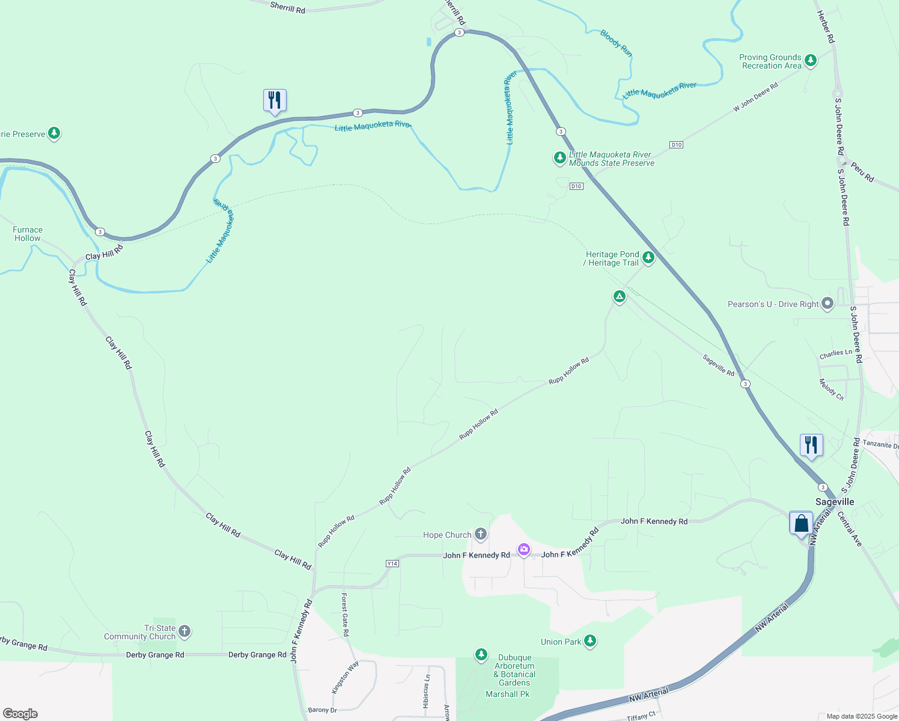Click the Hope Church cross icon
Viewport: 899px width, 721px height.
click(480, 534)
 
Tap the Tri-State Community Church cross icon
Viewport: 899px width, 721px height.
click(184, 631)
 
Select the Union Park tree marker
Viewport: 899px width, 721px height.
click(590, 641)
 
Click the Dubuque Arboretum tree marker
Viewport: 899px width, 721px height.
click(481, 654)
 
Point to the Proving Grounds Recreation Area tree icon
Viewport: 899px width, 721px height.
click(810, 61)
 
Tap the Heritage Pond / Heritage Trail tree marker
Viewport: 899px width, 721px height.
click(648, 258)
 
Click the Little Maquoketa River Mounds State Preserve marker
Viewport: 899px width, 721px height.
click(559, 158)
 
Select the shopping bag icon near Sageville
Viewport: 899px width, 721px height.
click(801, 523)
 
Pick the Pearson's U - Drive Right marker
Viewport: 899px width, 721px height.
click(827, 303)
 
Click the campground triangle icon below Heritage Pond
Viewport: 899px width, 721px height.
click(619, 296)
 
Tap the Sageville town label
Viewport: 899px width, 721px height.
click(834, 502)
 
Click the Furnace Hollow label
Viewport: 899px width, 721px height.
click(28, 234)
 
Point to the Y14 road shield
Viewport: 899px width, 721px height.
click(392, 564)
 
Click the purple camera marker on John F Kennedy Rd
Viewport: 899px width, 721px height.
click(524, 549)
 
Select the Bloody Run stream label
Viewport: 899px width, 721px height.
click(616, 43)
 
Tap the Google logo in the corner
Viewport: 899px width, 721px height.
click(20, 714)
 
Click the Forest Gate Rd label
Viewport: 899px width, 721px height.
click(345, 615)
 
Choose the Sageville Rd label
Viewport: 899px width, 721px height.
click(718, 365)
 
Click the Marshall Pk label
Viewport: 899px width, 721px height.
click(507, 694)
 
